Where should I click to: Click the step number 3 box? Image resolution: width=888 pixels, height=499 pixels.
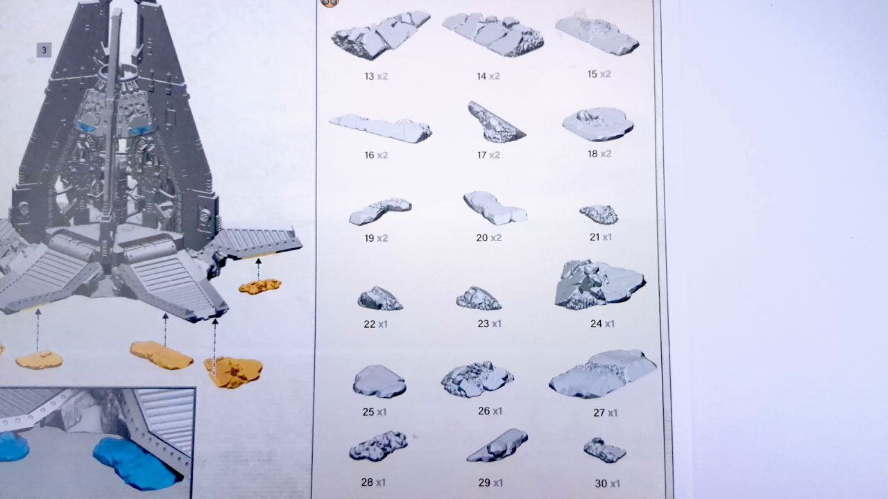(44, 51)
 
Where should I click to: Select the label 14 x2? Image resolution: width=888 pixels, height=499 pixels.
(488, 76)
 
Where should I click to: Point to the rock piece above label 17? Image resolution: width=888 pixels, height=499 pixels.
(496, 123)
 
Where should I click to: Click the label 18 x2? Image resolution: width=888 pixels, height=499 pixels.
(599, 154)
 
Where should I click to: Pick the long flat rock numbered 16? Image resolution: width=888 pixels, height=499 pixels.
(381, 128)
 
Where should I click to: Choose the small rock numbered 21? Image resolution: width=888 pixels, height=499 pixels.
(599, 214)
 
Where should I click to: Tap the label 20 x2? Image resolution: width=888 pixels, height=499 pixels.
(489, 238)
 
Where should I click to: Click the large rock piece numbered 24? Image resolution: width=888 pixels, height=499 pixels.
(599, 284)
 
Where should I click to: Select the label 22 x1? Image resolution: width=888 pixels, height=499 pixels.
(375, 324)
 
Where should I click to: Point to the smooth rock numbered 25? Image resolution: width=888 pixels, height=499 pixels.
(379, 381)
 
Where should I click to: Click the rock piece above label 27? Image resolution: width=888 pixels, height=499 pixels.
(603, 374)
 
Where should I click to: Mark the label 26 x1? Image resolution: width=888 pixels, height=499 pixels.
(490, 411)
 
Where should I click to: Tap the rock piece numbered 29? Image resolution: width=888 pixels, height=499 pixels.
(497, 445)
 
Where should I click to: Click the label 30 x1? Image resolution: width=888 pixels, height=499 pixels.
(607, 484)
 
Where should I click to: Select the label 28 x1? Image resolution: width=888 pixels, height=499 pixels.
(373, 482)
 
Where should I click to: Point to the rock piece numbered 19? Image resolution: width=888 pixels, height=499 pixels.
(379, 211)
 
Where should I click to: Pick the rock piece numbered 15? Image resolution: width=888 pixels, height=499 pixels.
(597, 35)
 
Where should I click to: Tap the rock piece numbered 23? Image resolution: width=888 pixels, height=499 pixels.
(479, 298)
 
